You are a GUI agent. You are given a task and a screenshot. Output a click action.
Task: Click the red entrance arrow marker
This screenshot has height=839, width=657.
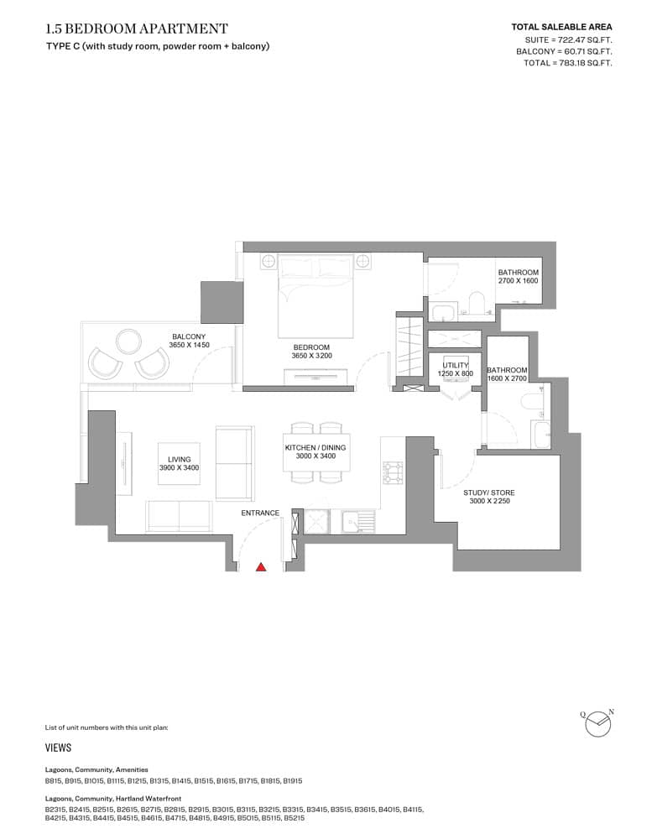coord(261,567)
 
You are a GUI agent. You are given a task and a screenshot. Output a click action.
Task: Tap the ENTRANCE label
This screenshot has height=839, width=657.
coord(260,513)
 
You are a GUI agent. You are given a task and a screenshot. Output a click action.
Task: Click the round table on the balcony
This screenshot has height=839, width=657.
coord(129,341)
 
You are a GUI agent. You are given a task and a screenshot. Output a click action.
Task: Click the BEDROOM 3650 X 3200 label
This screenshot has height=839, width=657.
coord(311,352)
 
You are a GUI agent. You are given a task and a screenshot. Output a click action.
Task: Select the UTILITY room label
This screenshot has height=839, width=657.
coord(455,369)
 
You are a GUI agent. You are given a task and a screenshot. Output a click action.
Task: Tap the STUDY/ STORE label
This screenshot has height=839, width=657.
coord(488,497)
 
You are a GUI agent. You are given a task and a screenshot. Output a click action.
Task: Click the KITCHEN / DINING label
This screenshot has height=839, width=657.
coord(315,451)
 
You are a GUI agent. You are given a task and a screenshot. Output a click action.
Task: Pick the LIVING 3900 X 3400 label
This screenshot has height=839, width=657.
coord(180,464)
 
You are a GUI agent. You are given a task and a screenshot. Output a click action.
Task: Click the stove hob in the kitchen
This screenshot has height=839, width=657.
coord(392,473)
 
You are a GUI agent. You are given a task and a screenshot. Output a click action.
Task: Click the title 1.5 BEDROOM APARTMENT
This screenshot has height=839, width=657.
coord(137,29)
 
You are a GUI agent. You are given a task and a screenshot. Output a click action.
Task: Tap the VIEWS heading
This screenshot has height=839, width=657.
coord(58,748)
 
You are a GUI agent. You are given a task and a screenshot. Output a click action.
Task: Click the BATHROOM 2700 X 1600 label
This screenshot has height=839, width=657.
coord(518,276)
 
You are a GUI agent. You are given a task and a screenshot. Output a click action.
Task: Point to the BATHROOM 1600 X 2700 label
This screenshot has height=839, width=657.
coord(507,374)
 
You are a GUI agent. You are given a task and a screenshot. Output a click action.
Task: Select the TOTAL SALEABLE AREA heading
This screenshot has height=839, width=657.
coord(561,27)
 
